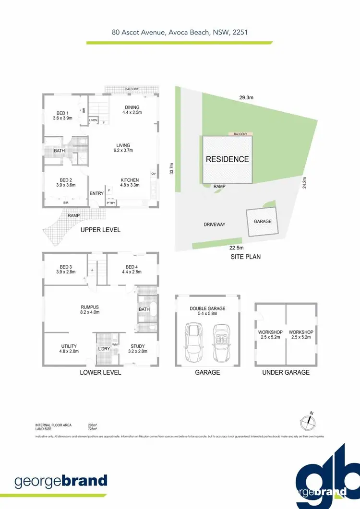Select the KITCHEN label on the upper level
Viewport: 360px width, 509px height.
[x=130, y=180]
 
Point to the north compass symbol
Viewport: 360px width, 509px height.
[x=309, y=422]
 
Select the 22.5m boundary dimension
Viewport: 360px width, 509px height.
[x=236, y=248]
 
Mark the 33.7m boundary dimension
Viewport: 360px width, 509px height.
[x=171, y=169]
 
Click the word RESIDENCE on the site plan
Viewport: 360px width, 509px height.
[x=228, y=159]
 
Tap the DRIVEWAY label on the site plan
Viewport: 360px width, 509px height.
[x=215, y=224]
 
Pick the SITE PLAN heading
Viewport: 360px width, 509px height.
[x=245, y=257]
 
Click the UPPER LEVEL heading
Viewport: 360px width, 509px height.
[x=101, y=230]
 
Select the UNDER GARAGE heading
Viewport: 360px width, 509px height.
[x=286, y=372]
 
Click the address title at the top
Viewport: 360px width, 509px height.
[x=180, y=33]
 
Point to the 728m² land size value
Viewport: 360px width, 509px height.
[x=92, y=429]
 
